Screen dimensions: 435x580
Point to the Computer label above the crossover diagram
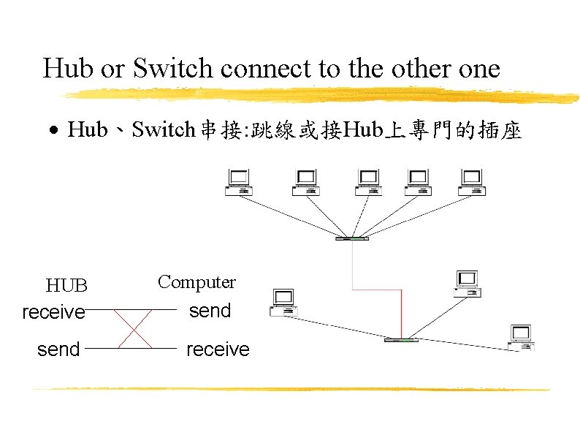(x=196, y=281)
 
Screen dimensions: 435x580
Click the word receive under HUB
(x=53, y=312)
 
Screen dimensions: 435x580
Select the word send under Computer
(x=210, y=311)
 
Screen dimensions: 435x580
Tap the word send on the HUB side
(x=58, y=349)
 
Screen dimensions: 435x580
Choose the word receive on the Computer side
(x=218, y=349)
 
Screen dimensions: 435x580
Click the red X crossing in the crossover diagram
(x=134, y=329)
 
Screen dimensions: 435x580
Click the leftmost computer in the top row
(x=238, y=182)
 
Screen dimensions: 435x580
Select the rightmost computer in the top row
(x=471, y=182)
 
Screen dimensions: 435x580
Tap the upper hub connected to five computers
(x=351, y=238)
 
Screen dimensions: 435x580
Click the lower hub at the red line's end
(x=401, y=339)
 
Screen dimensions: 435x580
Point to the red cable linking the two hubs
(x=400, y=307)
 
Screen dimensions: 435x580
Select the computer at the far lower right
(x=520, y=338)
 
